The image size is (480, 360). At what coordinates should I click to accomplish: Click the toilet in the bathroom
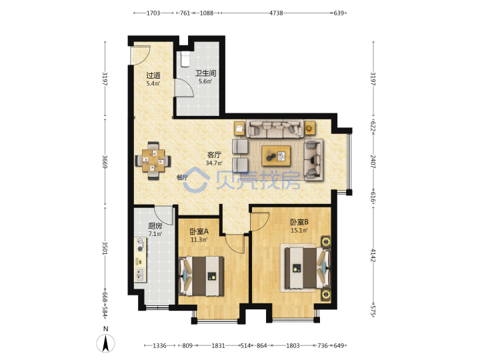[185, 59]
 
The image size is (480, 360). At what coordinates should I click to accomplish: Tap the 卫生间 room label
[206, 73]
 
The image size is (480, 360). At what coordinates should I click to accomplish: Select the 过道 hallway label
[153, 75]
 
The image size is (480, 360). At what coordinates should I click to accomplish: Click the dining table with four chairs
[153, 161]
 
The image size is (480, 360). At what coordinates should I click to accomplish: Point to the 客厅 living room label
[214, 155]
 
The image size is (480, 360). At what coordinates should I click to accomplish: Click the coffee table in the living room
[276, 156]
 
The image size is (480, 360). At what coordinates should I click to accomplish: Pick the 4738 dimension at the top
[276, 13]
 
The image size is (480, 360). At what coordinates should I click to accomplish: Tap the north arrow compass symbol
[105, 343]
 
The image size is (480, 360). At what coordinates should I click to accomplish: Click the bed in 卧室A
[201, 276]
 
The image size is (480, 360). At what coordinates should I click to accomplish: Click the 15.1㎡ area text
[299, 231]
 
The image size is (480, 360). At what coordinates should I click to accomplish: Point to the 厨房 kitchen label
[155, 226]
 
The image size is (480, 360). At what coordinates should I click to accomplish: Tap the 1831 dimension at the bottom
[218, 345]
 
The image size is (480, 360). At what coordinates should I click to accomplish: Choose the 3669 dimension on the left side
[105, 161]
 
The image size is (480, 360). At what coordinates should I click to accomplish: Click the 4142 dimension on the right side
[373, 255]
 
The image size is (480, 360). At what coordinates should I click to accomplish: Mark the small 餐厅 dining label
[183, 177]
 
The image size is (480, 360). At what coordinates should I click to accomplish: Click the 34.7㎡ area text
[214, 163]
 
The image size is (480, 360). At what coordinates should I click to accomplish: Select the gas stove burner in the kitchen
[141, 245]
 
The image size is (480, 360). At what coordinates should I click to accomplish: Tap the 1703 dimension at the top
[153, 13]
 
